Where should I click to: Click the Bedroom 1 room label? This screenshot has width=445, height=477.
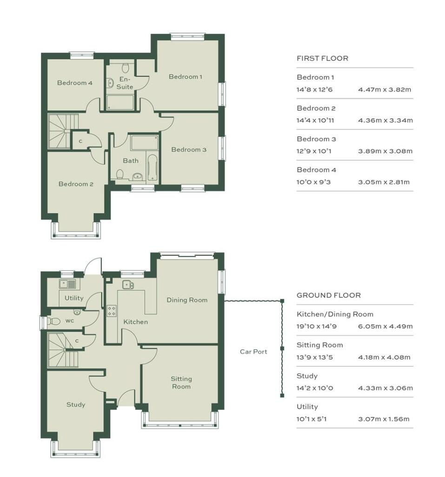click(185, 76)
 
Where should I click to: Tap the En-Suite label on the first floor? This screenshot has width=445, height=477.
click(125, 83)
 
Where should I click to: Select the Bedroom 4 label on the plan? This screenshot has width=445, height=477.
click(75, 83)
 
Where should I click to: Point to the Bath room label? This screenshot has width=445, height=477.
click(131, 161)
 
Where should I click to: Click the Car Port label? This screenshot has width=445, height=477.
click(253, 352)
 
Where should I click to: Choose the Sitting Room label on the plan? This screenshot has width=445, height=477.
click(181, 383)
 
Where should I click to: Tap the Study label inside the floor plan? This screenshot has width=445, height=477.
click(76, 404)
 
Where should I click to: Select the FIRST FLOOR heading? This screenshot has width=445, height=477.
click(322, 58)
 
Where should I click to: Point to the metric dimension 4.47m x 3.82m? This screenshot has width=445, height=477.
click(385, 89)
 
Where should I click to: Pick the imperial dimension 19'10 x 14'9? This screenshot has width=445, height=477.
click(317, 327)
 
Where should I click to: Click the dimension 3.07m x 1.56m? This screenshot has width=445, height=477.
click(384, 419)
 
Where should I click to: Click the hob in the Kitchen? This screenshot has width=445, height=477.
click(112, 311)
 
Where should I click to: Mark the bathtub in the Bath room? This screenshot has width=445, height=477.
click(153, 168)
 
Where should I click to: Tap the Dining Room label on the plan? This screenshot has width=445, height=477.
click(187, 300)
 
